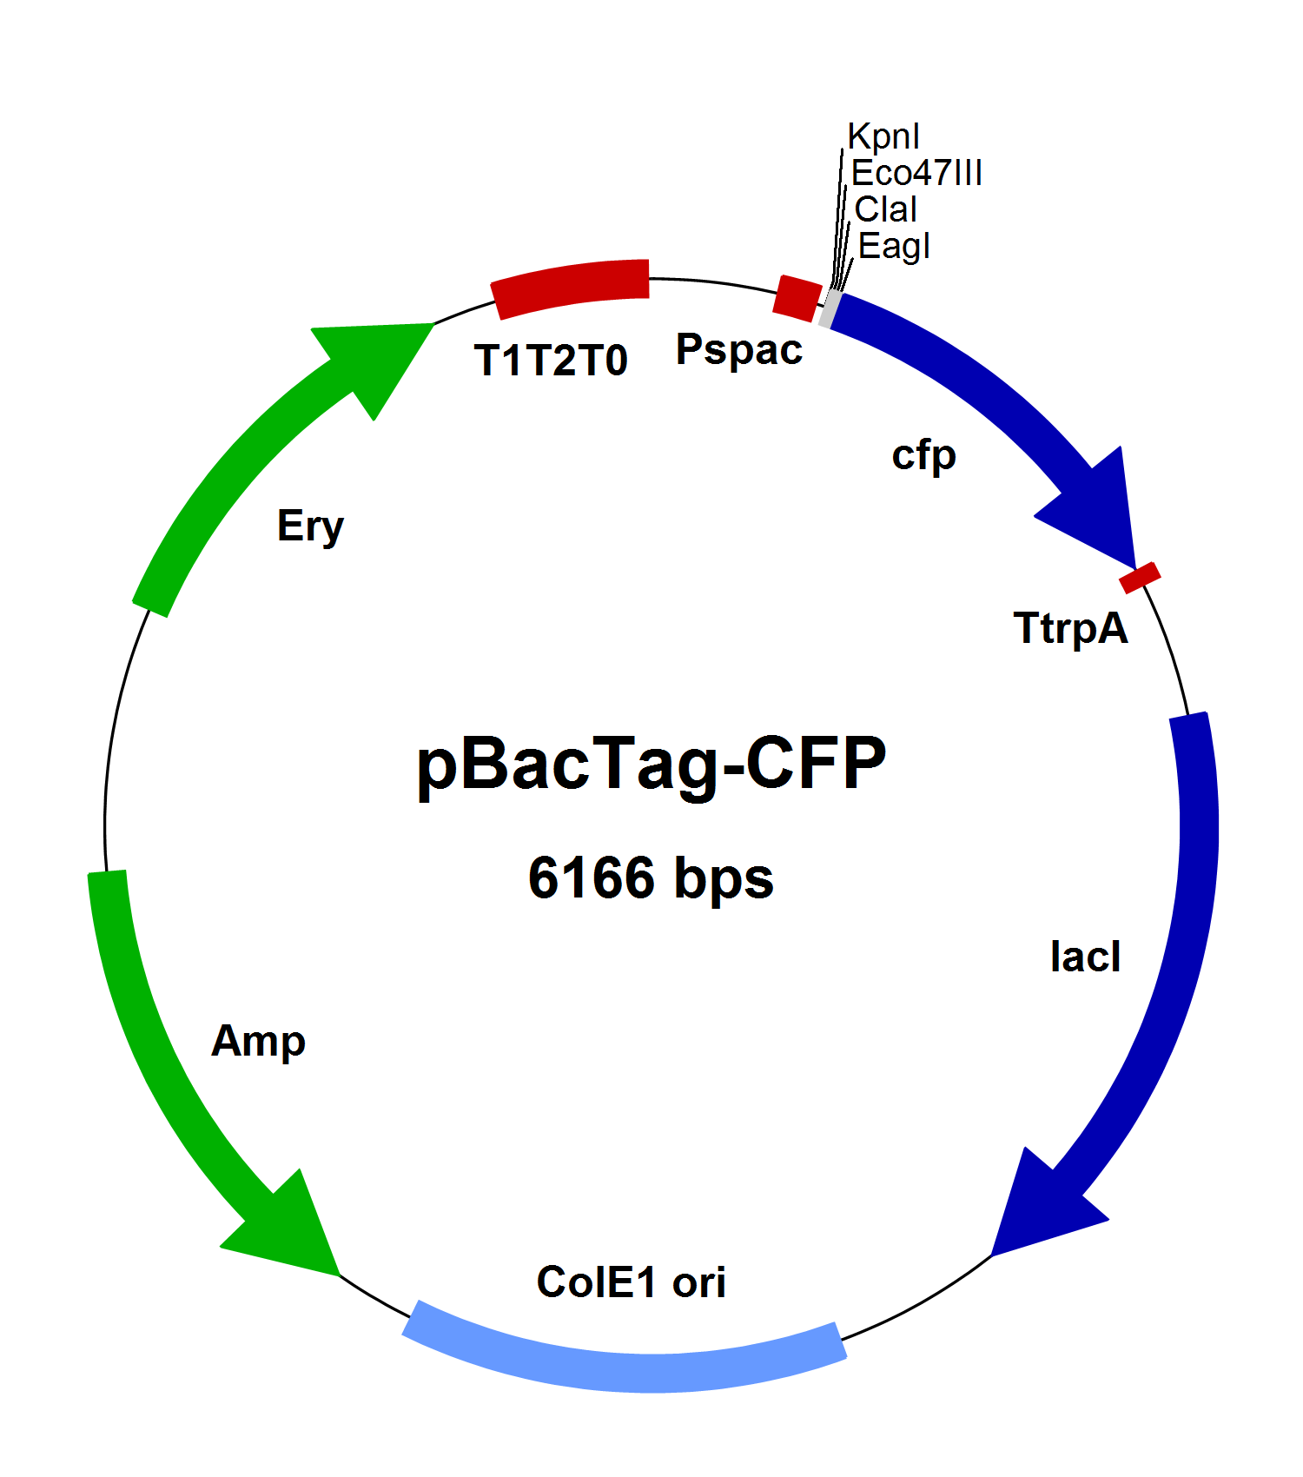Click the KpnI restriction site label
(x=883, y=136)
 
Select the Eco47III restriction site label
(x=916, y=173)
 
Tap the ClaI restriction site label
(x=886, y=209)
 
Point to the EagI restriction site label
(x=894, y=246)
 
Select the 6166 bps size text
(x=651, y=878)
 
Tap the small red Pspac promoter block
(x=797, y=298)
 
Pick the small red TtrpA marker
(x=1140, y=578)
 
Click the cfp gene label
(x=923, y=455)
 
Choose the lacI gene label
(x=1085, y=957)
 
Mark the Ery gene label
(x=310, y=527)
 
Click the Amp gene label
(x=258, y=1041)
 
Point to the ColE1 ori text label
(x=631, y=1282)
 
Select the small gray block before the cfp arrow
(x=830, y=308)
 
